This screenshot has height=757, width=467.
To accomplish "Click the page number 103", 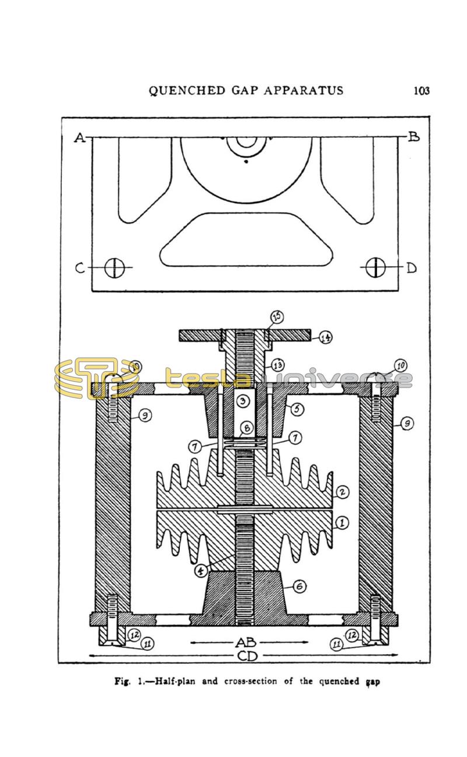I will coord(421,90).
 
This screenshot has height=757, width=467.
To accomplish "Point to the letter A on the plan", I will coord(79,138).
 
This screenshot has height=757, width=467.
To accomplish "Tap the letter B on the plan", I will coord(413,137).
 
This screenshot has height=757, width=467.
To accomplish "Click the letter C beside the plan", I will coord(81,268).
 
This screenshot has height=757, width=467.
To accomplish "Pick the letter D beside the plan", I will coord(412,268).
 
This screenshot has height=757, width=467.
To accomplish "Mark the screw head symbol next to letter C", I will coord(115,268).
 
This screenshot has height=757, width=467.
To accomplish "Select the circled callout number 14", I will coord(326,337).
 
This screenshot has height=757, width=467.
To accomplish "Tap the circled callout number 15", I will coord(277,317).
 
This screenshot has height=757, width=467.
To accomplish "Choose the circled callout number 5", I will coord(297,409).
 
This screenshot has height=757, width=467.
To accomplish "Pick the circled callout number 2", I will coord(343,492).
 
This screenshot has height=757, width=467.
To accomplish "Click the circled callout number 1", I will coord(343,523).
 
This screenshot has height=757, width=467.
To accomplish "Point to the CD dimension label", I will coord(248,656).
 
